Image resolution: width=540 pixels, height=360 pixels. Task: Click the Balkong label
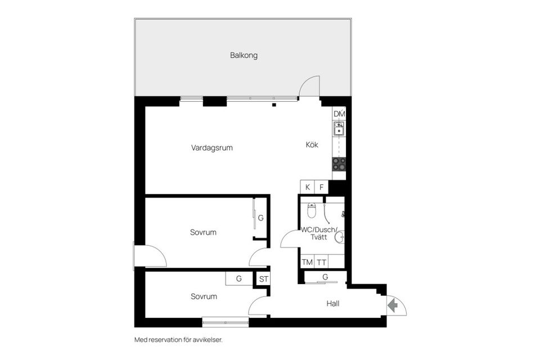pyautogui.click(x=244, y=56)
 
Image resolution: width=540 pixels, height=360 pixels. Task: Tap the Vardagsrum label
pyautogui.click(x=211, y=148)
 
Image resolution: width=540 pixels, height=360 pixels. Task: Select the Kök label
pyautogui.click(x=312, y=145)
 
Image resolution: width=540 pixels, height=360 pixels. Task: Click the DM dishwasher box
pyautogui.click(x=339, y=114)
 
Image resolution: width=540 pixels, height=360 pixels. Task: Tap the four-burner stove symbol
pyautogui.click(x=339, y=164)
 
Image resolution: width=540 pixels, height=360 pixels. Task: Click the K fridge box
pyautogui.click(x=307, y=187)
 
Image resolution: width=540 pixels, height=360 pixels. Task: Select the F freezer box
pyautogui.click(x=322, y=187)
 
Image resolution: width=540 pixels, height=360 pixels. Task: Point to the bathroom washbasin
pyautogui.click(x=339, y=237)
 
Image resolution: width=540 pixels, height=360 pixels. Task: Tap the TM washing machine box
pyautogui.click(x=307, y=262)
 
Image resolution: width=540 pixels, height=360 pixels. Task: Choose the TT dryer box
pyautogui.click(x=321, y=262)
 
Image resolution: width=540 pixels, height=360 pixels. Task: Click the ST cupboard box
pyautogui.click(x=263, y=278)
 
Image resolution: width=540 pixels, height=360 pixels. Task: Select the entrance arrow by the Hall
pyautogui.click(x=393, y=305)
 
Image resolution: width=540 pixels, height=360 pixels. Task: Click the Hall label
pyautogui.click(x=333, y=304)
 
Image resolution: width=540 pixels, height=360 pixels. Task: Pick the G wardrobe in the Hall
pyautogui.click(x=325, y=277)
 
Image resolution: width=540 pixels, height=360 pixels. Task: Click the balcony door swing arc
pyautogui.click(x=309, y=86)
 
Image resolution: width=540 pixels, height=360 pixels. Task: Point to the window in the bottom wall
pyautogui.click(x=225, y=322)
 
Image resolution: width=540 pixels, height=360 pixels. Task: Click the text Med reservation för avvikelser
pyautogui.click(x=174, y=340)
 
